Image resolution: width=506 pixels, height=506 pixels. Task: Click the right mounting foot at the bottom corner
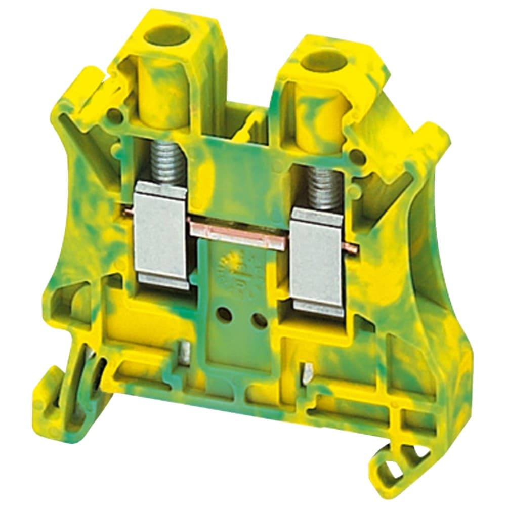pos(392,458)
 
